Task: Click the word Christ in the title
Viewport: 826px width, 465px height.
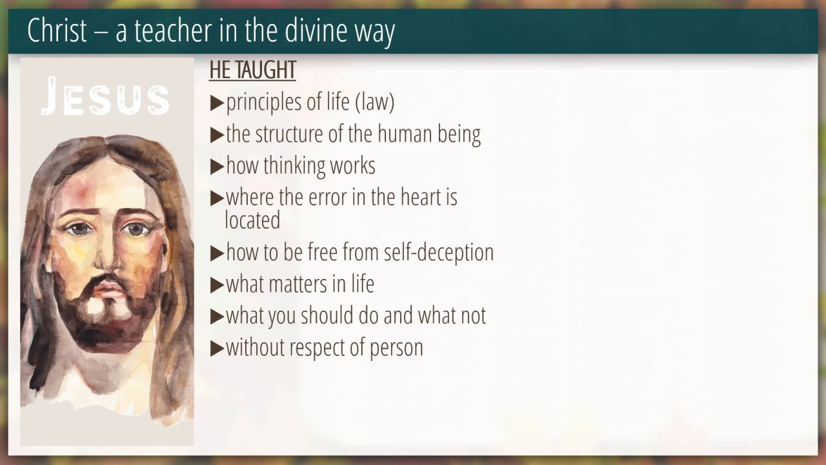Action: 57,30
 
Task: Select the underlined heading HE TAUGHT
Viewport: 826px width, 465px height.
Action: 252,70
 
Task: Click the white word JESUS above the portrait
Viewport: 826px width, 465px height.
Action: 105,96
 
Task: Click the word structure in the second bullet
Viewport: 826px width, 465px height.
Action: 289,134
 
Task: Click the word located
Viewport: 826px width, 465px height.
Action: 252,220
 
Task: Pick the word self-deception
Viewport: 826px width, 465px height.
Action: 439,253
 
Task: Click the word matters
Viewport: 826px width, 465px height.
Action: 298,285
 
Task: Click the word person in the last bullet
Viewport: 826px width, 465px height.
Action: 396,348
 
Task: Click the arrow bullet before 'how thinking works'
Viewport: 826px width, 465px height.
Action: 217,167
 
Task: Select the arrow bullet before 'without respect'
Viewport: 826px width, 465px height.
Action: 217,348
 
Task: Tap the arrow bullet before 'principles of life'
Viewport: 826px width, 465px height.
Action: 217,103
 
